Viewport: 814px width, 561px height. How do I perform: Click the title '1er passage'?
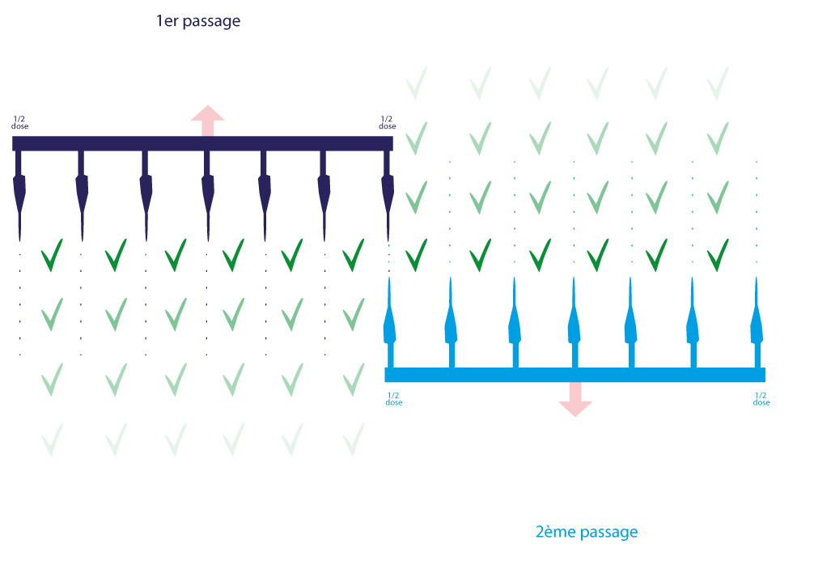pyautogui.click(x=198, y=22)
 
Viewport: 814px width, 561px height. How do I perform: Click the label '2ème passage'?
pyautogui.click(x=587, y=532)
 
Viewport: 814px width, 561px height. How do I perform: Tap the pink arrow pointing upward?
pyautogui.click(x=208, y=120)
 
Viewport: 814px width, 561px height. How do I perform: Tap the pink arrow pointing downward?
pyautogui.click(x=574, y=398)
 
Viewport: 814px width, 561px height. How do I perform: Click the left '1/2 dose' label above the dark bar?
pyautogui.click(x=19, y=123)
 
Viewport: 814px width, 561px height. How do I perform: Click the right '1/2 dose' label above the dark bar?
pyautogui.click(x=388, y=123)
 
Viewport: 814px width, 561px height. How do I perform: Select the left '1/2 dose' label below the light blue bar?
pyautogui.click(x=394, y=399)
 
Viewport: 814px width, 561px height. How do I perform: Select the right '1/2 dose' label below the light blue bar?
pyautogui.click(x=761, y=399)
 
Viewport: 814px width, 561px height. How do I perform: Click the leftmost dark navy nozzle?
pyautogui.click(x=19, y=198)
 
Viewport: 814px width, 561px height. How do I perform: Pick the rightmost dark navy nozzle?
pyautogui.click(x=387, y=198)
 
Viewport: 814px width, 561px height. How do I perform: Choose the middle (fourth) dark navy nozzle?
pyautogui.click(x=208, y=198)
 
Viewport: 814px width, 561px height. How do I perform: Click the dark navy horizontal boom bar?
pyautogui.click(x=202, y=143)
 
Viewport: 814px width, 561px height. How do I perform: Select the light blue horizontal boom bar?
pyautogui.click(x=574, y=375)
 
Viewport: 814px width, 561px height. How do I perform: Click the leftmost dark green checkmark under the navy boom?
pyautogui.click(x=53, y=255)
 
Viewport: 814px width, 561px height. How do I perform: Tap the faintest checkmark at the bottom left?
pyautogui.click(x=53, y=440)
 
